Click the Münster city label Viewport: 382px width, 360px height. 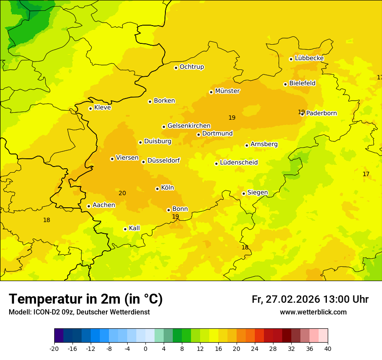(x=227, y=91)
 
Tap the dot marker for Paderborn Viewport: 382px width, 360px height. (x=303, y=114)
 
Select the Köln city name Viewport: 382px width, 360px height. (x=167, y=188)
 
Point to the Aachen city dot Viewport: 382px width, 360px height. (x=89, y=206)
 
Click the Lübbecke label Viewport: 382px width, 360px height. (x=309, y=58)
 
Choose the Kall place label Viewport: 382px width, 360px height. (x=134, y=228)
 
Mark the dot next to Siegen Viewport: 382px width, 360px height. (x=244, y=193)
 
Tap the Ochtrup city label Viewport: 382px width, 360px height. (x=191, y=67)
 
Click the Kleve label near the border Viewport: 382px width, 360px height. (x=102, y=108)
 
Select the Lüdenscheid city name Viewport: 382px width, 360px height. (x=239, y=163)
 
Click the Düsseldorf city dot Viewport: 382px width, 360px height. (x=143, y=162)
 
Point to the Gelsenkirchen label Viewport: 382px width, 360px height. (x=189, y=126)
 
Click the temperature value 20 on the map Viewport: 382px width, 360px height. (x=122, y=193)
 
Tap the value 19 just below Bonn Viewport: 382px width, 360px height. (x=175, y=216)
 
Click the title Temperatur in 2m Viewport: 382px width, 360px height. (x=86, y=299)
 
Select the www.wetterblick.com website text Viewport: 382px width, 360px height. (x=313, y=312)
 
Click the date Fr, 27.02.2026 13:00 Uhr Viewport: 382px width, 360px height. (x=310, y=299)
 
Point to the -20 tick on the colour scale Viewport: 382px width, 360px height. (x=54, y=349)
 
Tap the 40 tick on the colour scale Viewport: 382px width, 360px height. (x=328, y=349)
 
